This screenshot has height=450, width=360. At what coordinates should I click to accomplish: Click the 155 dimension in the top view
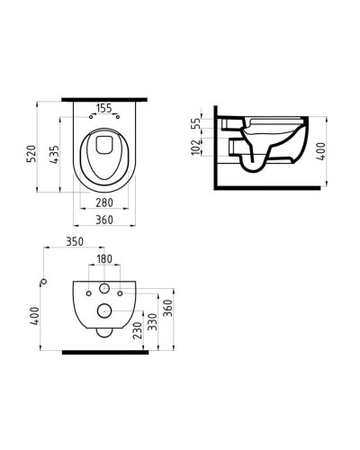coord(104,109)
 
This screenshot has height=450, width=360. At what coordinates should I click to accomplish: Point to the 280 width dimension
coord(104,203)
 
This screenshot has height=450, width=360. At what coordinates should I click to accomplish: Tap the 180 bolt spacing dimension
coord(104,260)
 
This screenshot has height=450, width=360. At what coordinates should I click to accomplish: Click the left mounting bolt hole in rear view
coord(89,291)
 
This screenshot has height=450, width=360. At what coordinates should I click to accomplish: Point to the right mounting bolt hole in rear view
coord(120,291)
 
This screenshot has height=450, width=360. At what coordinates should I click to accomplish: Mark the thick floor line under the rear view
coord(103,352)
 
